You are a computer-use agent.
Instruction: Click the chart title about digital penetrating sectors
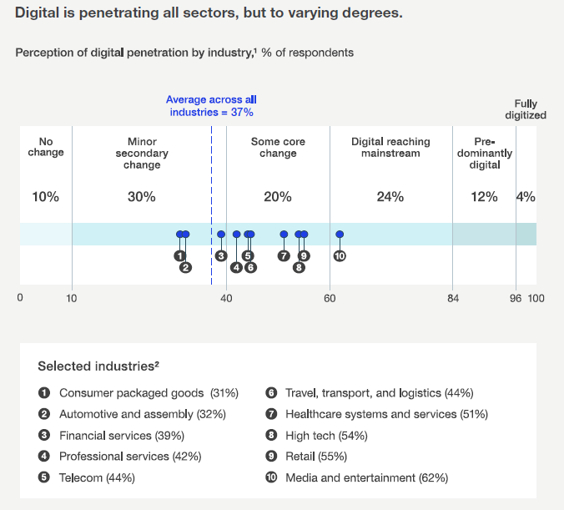coord(209,14)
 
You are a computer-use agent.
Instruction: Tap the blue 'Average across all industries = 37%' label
coord(211,105)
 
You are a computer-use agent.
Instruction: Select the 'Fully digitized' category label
coord(530,109)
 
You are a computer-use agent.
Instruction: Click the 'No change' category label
coord(46,147)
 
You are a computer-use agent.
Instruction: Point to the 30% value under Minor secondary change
coord(141,197)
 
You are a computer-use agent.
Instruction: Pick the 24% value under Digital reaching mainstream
coord(390,197)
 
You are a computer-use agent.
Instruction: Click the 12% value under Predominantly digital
coord(484,197)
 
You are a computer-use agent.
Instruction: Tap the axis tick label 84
coord(452,298)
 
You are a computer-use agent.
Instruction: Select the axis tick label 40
coord(226,298)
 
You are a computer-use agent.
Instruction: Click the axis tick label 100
coord(536,298)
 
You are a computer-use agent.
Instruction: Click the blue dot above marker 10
coord(340,235)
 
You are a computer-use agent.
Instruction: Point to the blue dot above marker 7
coord(284,235)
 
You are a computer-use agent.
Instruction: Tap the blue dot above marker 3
coord(221,235)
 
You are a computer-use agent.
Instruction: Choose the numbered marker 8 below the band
coord(299,268)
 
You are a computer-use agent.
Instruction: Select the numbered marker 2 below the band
coord(185,268)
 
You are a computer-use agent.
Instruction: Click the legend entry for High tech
coord(326,436)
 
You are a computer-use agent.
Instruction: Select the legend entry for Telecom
coord(97,477)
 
